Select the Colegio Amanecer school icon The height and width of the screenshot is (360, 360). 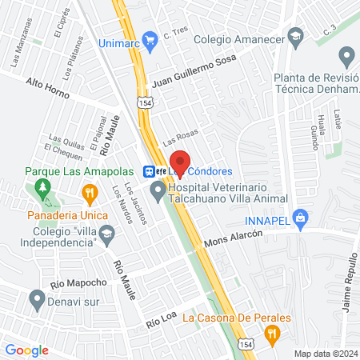[296, 36]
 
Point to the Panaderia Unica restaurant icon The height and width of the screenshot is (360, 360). [90, 192]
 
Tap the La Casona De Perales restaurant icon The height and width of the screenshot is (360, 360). [272, 334]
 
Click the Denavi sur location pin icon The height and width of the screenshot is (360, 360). [36, 300]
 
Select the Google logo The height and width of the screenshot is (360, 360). [26, 350]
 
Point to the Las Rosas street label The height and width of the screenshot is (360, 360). [180, 138]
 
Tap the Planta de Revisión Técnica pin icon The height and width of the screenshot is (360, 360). [346, 57]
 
